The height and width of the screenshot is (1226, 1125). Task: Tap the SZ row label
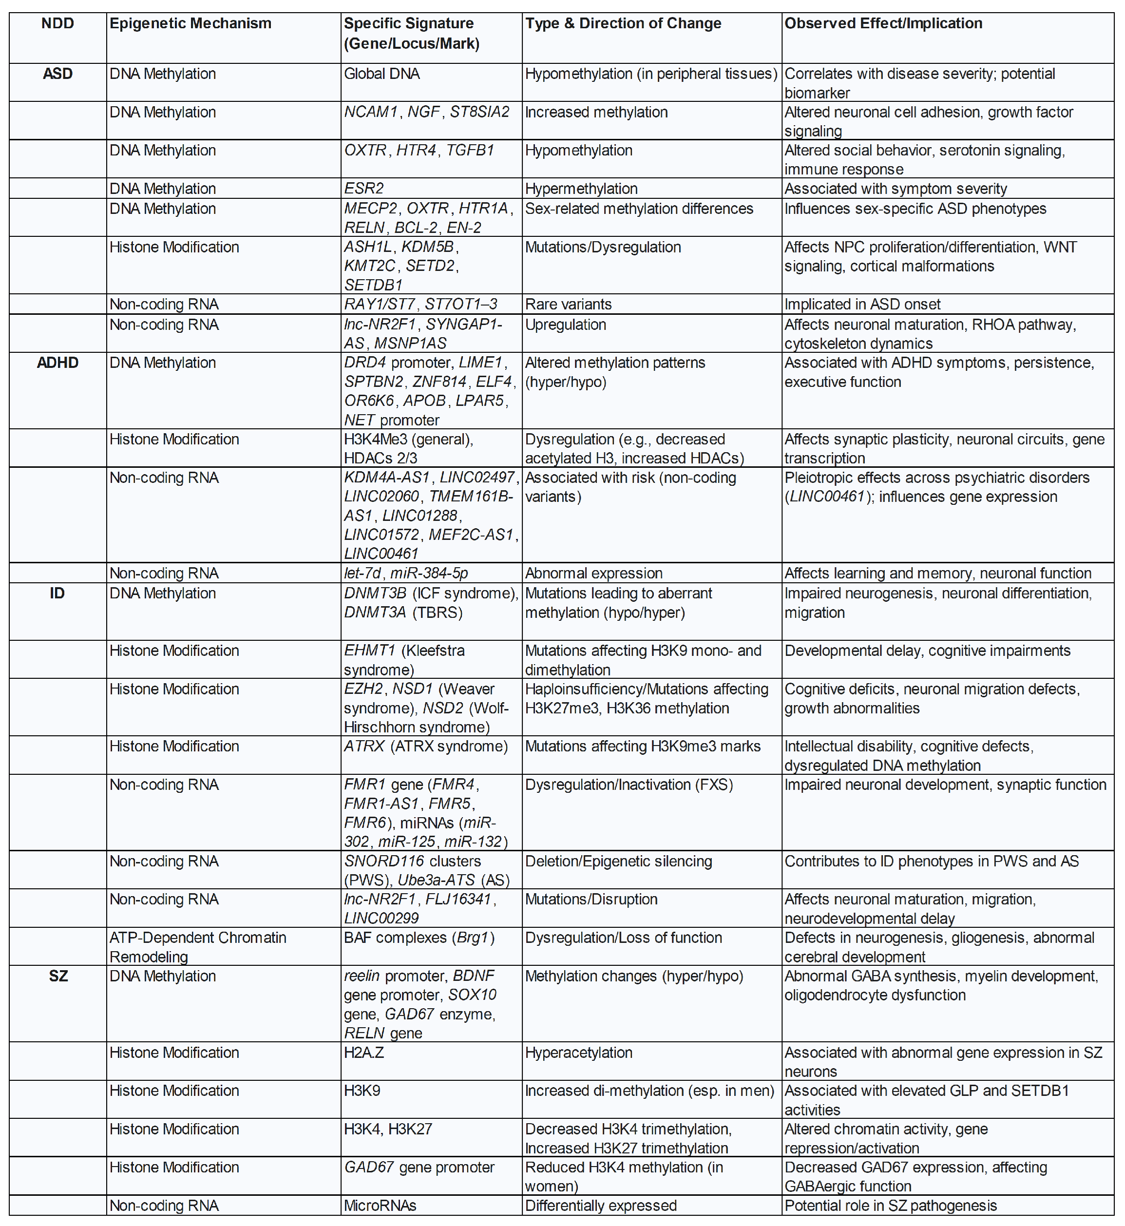click(x=58, y=977)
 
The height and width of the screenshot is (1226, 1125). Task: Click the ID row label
click(x=57, y=593)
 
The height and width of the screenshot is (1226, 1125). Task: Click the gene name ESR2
click(x=363, y=189)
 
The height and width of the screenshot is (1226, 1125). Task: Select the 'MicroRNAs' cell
click(x=380, y=1206)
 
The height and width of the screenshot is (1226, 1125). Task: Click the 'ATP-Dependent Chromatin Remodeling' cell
click(x=197, y=947)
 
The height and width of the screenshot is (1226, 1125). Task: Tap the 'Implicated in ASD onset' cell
click(x=862, y=305)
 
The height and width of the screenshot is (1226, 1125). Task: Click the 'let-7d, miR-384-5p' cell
click(x=405, y=574)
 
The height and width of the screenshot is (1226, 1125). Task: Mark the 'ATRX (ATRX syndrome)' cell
click(x=425, y=747)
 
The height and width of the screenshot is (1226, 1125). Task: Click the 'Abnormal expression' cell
click(x=593, y=574)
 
